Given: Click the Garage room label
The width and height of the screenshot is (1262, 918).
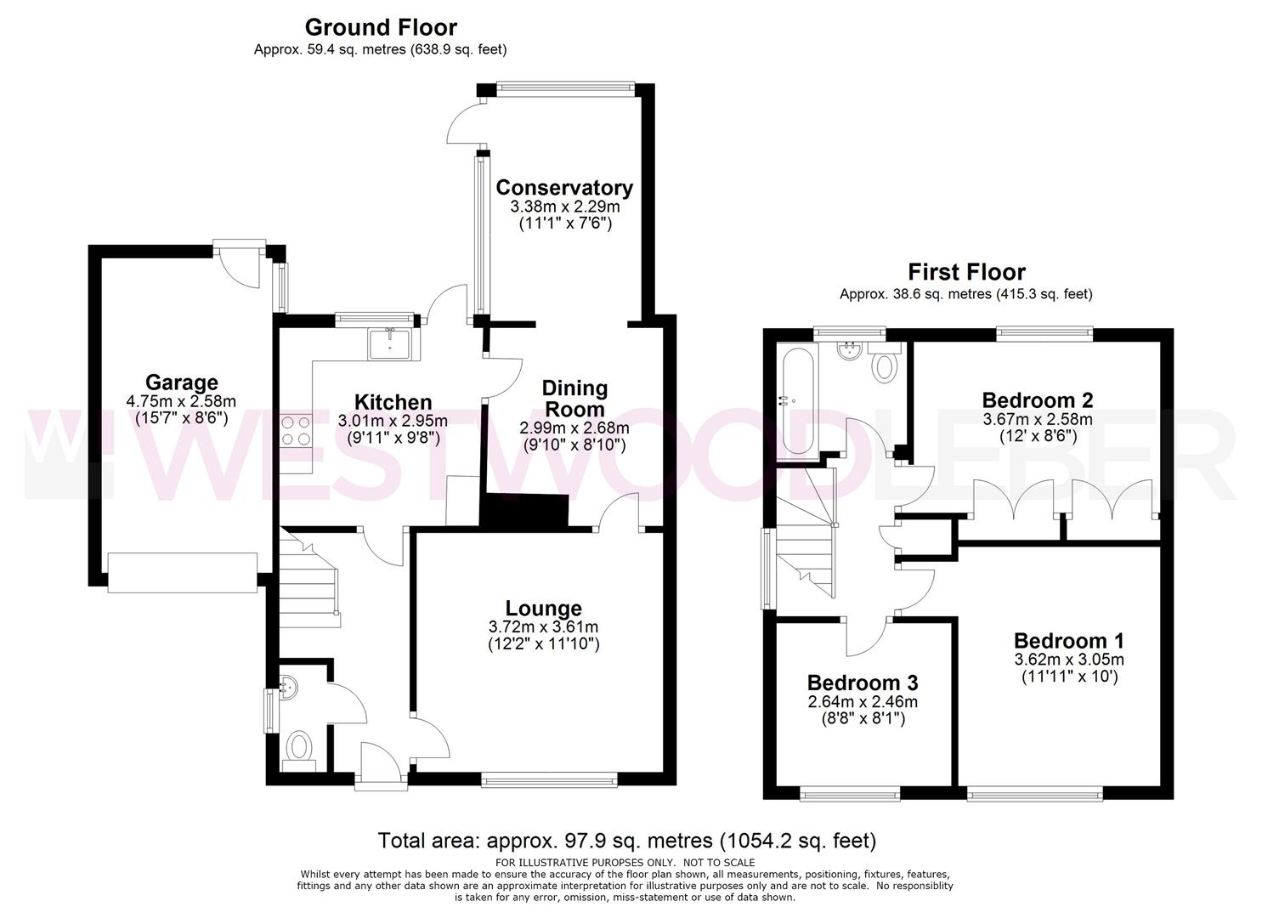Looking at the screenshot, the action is point(181,382).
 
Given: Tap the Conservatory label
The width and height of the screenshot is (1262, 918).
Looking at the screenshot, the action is point(564,187).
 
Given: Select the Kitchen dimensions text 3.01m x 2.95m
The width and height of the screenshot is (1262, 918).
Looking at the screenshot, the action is point(393,421).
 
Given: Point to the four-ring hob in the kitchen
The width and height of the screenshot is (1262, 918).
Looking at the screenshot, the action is point(296,430).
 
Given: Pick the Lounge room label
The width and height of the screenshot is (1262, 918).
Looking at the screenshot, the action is point(543,608).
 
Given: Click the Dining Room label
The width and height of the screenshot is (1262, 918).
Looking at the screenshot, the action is point(574,399).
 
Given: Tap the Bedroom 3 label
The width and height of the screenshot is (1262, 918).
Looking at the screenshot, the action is point(863,683).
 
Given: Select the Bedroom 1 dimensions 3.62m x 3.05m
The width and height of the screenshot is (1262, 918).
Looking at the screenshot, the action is point(1069,660).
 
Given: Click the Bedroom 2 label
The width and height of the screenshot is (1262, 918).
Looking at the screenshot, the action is point(1037,400).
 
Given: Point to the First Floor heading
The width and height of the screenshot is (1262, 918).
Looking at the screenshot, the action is point(966,272).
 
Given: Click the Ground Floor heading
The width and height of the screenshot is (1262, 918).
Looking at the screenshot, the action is point(381,27).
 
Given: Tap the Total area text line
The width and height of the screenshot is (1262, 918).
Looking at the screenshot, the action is point(627,841).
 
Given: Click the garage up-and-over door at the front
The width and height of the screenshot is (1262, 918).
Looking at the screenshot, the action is point(183,573).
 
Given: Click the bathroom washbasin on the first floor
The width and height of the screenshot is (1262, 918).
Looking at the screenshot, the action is point(850,351).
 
